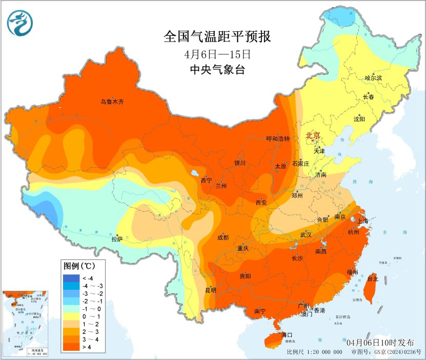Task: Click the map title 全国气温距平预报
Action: (217, 37)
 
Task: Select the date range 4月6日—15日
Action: (217, 54)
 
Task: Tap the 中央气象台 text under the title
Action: (217, 70)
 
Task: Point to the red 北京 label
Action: (313, 135)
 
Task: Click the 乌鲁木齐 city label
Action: (112, 102)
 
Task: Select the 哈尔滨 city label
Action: (373, 78)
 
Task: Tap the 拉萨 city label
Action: (117, 238)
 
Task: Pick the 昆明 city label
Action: (210, 290)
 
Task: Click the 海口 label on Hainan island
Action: (287, 335)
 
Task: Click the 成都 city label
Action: (223, 237)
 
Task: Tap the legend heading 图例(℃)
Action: (77, 266)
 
